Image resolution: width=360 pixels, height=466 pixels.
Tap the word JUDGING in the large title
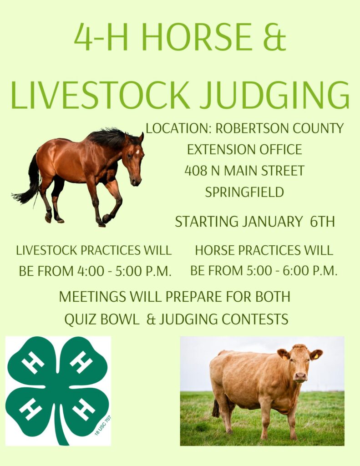pos(274,95)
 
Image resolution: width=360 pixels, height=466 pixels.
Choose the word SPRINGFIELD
pos(244,192)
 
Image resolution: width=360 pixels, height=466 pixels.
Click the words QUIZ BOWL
pos(101,319)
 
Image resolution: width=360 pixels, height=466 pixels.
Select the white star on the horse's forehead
pos(137,152)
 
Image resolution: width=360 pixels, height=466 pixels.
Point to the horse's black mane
pos(111,138)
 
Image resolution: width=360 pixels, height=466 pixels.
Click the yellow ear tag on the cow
pos(316,356)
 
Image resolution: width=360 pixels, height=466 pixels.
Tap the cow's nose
pos(300,377)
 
